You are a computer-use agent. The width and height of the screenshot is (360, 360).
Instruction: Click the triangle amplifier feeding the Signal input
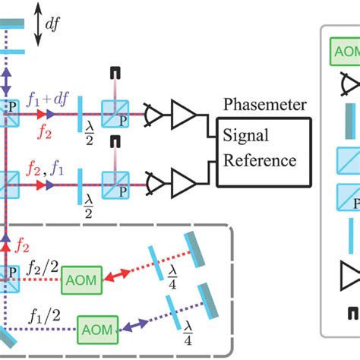182,115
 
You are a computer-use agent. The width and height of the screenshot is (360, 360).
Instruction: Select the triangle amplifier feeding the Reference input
182,182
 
